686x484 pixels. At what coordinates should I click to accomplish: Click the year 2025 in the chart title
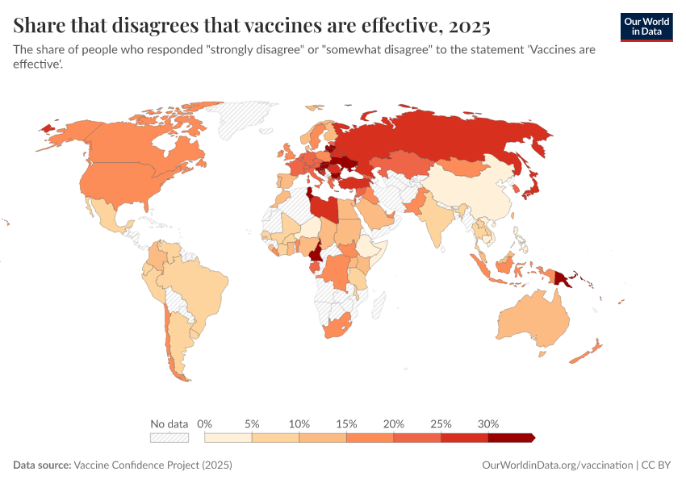point(466,26)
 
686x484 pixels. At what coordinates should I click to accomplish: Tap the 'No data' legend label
point(169,423)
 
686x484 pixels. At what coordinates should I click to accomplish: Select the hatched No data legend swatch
point(169,438)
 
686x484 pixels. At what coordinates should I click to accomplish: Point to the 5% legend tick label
point(252,423)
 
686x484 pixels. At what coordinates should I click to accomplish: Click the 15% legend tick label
point(346,423)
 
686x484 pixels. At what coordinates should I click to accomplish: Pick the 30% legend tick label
point(488,423)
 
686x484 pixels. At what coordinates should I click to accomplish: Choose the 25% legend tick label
point(441,423)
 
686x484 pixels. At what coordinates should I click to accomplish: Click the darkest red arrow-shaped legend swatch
point(511,438)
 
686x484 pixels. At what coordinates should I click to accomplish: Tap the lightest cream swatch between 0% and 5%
point(228,438)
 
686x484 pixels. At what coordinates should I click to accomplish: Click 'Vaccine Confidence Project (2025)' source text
point(153,465)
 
